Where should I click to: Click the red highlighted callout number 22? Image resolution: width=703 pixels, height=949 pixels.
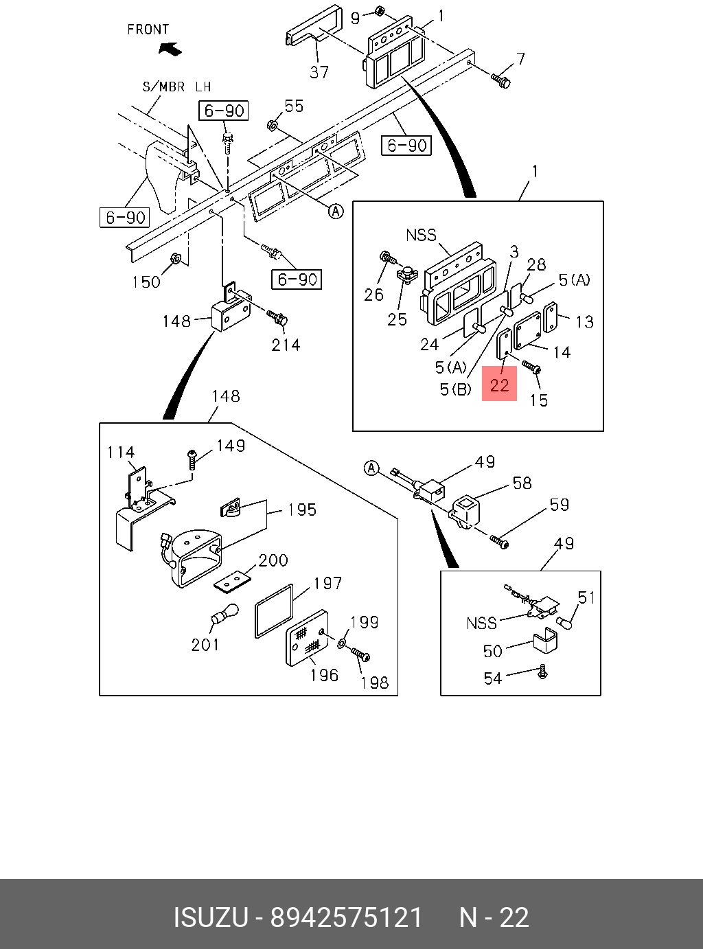coord(499,383)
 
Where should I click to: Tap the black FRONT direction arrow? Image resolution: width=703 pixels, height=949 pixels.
coord(170,49)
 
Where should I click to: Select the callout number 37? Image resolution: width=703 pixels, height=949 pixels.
coord(319,72)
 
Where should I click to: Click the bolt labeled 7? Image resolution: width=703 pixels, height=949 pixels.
coord(500,80)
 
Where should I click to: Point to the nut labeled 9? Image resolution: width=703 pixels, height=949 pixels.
coord(380,12)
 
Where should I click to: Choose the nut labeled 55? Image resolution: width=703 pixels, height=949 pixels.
coord(272,125)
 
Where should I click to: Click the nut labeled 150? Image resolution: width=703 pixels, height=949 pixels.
coord(175,259)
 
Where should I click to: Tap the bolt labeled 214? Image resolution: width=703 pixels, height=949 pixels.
coord(277,318)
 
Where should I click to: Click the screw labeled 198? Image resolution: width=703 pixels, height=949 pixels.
coord(360,654)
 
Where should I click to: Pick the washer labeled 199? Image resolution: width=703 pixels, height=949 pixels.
coord(342,643)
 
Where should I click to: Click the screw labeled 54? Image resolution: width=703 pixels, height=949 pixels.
coord(543,672)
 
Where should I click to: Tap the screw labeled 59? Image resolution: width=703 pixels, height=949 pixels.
coord(499,542)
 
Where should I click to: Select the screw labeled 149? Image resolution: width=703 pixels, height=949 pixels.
coord(192,458)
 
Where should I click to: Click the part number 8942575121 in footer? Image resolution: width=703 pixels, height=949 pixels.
coord(346,917)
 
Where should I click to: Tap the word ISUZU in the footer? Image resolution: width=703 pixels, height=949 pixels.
coord(210,917)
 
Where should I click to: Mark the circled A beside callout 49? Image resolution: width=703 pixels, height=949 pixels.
coord(371,468)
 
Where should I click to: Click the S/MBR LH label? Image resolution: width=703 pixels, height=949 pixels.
coord(176,87)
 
